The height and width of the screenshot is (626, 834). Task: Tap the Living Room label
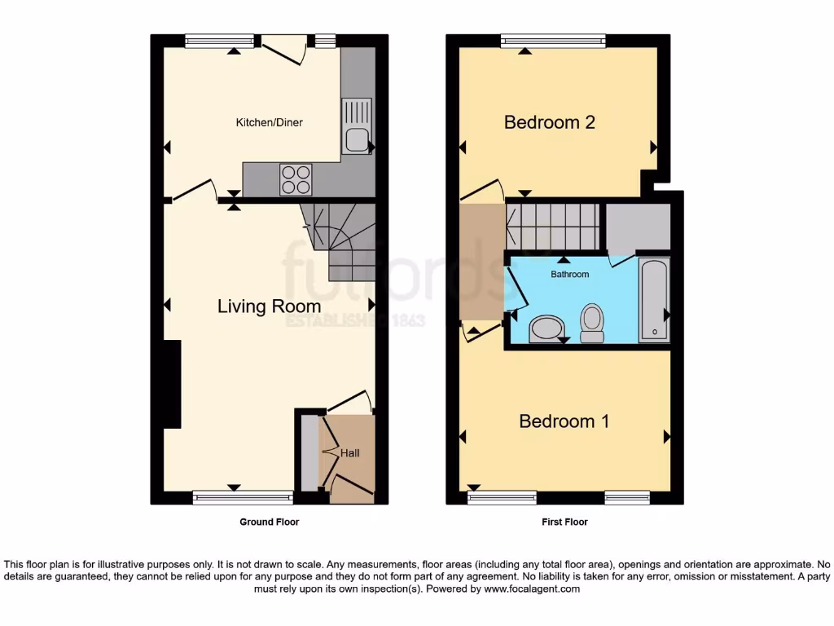pos(269,306)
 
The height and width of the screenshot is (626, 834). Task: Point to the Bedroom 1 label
pos(564,421)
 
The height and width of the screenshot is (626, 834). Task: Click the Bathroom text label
pos(569,275)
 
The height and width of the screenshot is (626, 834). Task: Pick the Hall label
pos(349,453)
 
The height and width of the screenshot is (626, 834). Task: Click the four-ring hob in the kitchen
pos(296,179)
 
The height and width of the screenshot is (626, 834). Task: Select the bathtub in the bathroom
pos(654,299)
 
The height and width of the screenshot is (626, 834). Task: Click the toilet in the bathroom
pos(592,322)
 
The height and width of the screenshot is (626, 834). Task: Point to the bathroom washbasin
pos(545,330)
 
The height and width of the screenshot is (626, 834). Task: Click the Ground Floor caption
pos(269,522)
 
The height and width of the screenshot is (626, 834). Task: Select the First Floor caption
pos(564,522)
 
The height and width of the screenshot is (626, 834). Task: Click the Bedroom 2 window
pos(553,39)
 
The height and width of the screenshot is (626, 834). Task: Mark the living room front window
pos(243,496)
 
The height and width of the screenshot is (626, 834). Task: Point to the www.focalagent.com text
pos(533,589)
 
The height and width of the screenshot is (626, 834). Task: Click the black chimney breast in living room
pos(171,383)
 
